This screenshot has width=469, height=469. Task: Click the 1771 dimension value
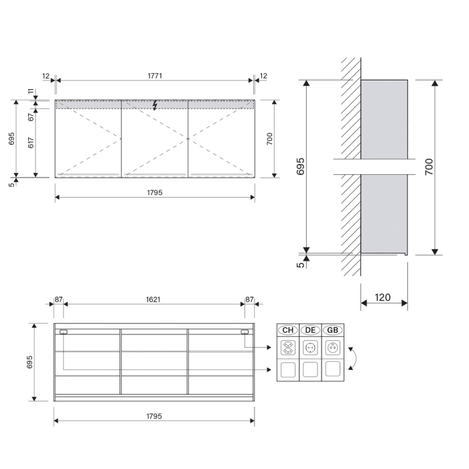pos(155,76)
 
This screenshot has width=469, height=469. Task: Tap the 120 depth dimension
pos(384,297)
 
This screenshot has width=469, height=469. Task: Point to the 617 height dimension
pos(30,143)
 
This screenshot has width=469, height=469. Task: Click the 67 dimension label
pos(30,117)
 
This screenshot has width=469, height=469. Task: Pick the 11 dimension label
pos(30,91)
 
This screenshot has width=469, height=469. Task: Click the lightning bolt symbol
pos(155,105)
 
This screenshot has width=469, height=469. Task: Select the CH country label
pos(288,330)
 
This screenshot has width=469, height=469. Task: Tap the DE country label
pos(310,330)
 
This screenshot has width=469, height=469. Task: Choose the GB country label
pos(332,330)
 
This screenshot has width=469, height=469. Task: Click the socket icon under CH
pos(288,348)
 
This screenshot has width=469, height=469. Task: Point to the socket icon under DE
pos(310,348)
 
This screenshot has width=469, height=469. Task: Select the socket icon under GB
pos(332,348)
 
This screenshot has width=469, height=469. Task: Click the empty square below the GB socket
pos(332,369)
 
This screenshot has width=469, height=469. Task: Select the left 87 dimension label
pos(59,299)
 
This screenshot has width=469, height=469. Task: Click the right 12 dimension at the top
pos(263,76)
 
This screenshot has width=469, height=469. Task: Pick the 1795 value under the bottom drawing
pos(154,416)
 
